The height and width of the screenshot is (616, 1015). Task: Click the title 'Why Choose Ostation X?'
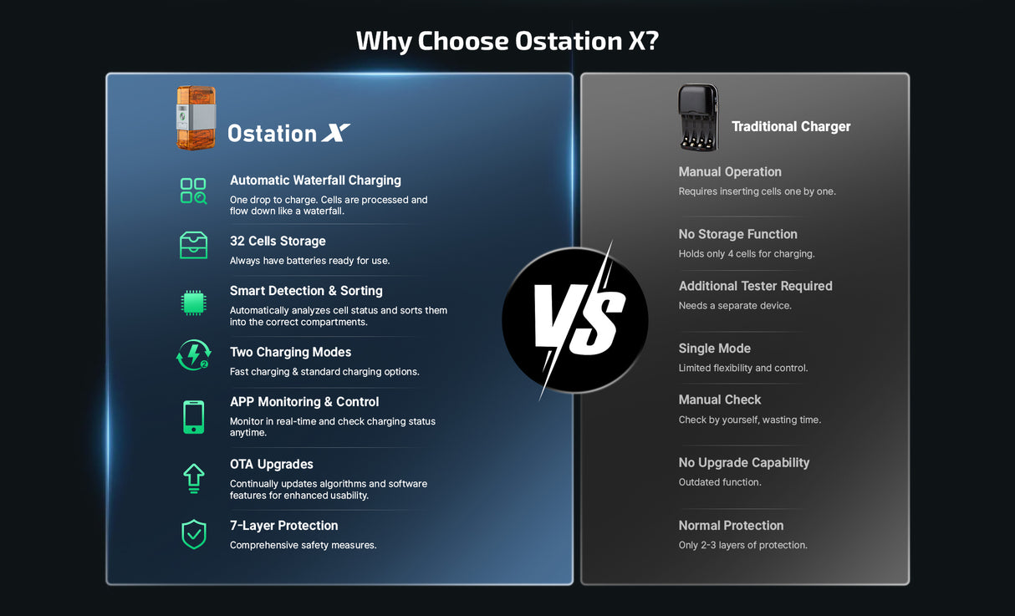[x=507, y=41]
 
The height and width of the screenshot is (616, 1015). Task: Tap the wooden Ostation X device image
[x=196, y=118]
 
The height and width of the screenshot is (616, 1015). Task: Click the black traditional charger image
[x=698, y=118]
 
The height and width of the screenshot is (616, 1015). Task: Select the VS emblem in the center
[x=574, y=320]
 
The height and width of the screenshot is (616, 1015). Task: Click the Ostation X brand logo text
[x=288, y=134]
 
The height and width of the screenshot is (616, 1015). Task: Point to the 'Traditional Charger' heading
[x=791, y=127]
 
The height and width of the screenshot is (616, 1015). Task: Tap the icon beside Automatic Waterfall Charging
[x=193, y=191]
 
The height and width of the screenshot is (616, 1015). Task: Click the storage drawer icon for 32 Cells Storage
[x=193, y=246]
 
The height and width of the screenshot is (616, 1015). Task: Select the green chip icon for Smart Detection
[x=193, y=303]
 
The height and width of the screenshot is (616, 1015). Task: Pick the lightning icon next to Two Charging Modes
[x=193, y=354]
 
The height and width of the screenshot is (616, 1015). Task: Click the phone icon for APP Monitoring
[x=193, y=417]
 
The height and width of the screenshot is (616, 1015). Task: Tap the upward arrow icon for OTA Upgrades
[x=193, y=478]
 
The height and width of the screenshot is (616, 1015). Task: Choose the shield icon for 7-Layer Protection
[x=193, y=534]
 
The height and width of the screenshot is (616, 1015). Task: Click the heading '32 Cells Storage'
[x=278, y=242]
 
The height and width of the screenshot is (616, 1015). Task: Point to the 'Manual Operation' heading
[x=730, y=172]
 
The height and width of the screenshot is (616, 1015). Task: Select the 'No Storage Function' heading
[x=737, y=235]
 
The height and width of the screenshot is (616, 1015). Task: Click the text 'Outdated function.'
[x=720, y=482]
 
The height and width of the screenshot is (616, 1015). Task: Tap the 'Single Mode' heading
[x=714, y=349]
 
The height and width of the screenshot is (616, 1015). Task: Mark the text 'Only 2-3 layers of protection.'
[x=742, y=545]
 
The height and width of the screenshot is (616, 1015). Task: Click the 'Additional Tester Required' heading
[x=755, y=286]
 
